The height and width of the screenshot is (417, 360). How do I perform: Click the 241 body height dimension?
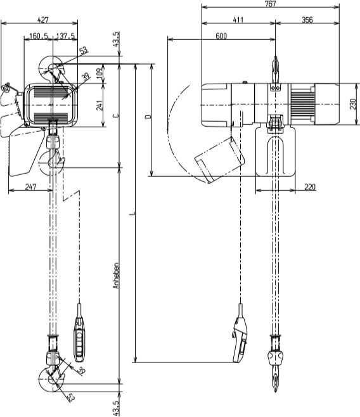coord(100,105)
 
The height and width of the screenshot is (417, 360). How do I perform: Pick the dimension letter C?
coord(114,116)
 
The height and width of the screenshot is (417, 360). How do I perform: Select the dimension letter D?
coord(147,117)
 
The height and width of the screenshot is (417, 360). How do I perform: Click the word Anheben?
coord(115,277)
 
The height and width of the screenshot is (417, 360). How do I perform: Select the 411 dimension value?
coord(238,20)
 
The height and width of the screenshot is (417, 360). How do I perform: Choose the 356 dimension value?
coord(307,20)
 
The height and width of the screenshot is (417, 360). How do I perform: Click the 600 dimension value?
coord(221,36)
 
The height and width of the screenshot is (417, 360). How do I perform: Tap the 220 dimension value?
coord(310,186)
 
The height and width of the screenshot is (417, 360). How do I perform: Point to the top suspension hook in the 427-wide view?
coord(53,68)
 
